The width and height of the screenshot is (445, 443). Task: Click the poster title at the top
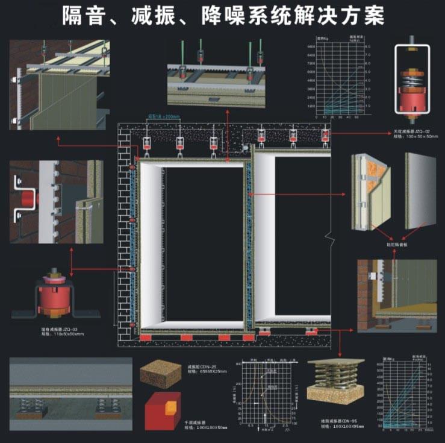223,16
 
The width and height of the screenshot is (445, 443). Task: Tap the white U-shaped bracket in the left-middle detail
25,197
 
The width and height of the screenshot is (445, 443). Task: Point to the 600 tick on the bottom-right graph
380,365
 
